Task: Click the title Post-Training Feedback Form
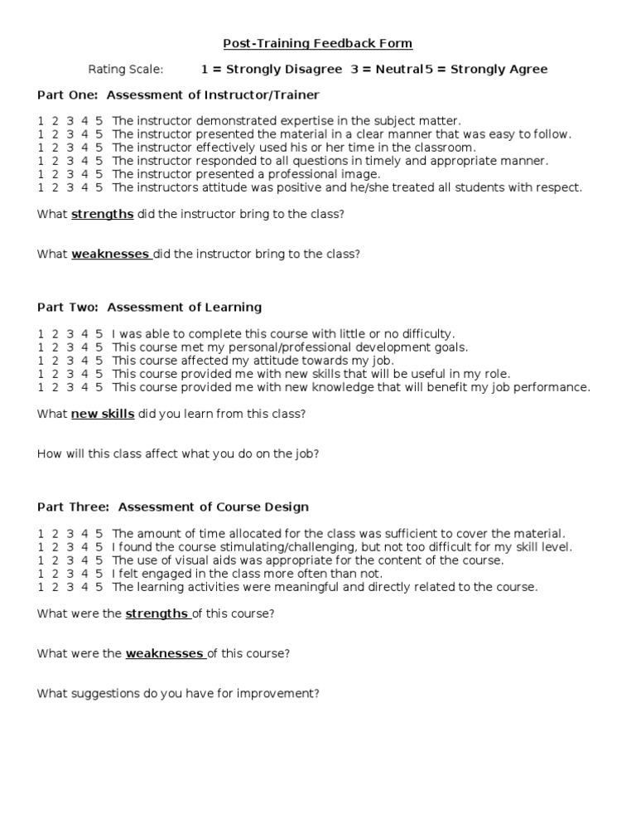(318, 43)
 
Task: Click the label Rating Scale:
(126, 69)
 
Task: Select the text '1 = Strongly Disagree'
(272, 69)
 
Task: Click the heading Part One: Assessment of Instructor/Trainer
(178, 95)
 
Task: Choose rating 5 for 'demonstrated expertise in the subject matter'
(99, 121)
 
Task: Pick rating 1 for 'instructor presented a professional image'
(41, 174)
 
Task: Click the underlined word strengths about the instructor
(103, 214)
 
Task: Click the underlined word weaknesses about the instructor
(110, 254)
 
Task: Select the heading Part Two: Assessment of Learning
(149, 307)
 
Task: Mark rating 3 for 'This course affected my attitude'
(70, 361)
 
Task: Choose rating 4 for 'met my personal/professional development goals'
(85, 347)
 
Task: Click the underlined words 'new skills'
(103, 414)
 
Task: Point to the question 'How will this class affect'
(178, 453)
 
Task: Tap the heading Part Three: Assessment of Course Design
(173, 507)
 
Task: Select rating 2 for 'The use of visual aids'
(55, 560)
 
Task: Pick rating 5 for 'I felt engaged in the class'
(99, 574)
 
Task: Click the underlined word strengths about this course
(157, 613)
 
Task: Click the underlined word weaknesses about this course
(165, 653)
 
